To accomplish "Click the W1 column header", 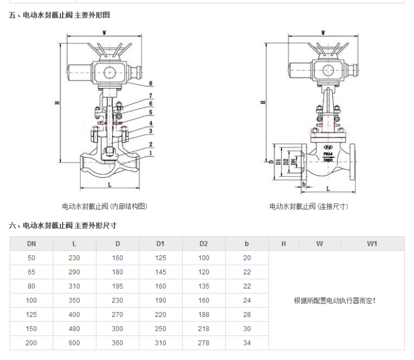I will pos(372,243).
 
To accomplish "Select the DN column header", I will pos(32,243).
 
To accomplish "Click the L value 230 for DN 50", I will pos(75,257).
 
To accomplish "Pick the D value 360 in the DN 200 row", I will pos(118,342).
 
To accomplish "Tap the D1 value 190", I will pos(161,300).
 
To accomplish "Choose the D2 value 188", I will pos(204,314).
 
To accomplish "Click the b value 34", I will pos(246,342).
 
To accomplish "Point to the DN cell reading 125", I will pos(32,314).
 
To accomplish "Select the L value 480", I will pos(75,328).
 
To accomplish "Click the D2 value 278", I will pos(204,342).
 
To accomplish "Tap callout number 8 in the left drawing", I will pos(151,84).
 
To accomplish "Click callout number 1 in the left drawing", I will pos(151,153).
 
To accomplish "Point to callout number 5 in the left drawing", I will pos(151,113).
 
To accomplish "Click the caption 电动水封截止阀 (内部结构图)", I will pos(104,206).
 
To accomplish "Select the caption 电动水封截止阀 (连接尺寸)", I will pos(309,206).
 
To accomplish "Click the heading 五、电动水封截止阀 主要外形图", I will pos(59,15).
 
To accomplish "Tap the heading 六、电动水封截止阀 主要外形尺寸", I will pos(63,225).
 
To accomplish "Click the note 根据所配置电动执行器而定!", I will pos(334,300).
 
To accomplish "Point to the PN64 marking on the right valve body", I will pos(328,154).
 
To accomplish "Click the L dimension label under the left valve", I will pos(109,184).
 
